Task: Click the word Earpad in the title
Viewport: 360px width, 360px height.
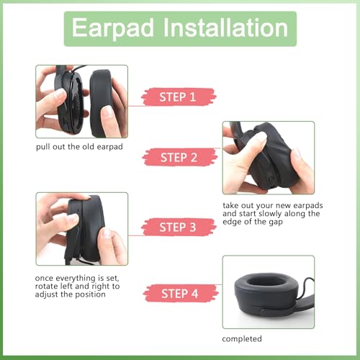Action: [x=112, y=28]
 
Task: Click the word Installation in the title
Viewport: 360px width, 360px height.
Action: [x=225, y=27]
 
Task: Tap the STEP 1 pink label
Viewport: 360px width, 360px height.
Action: [x=179, y=97]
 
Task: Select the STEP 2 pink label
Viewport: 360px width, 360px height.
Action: [x=180, y=158]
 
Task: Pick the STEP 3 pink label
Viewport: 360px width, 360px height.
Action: [x=179, y=227]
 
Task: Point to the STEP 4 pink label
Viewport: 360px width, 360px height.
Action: [x=181, y=293]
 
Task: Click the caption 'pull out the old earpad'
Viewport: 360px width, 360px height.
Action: [x=79, y=147]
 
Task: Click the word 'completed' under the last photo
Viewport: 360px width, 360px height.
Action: [x=242, y=338]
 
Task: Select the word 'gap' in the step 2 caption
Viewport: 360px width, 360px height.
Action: [x=276, y=222]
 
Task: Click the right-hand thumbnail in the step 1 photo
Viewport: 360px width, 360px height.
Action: [x=107, y=112]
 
